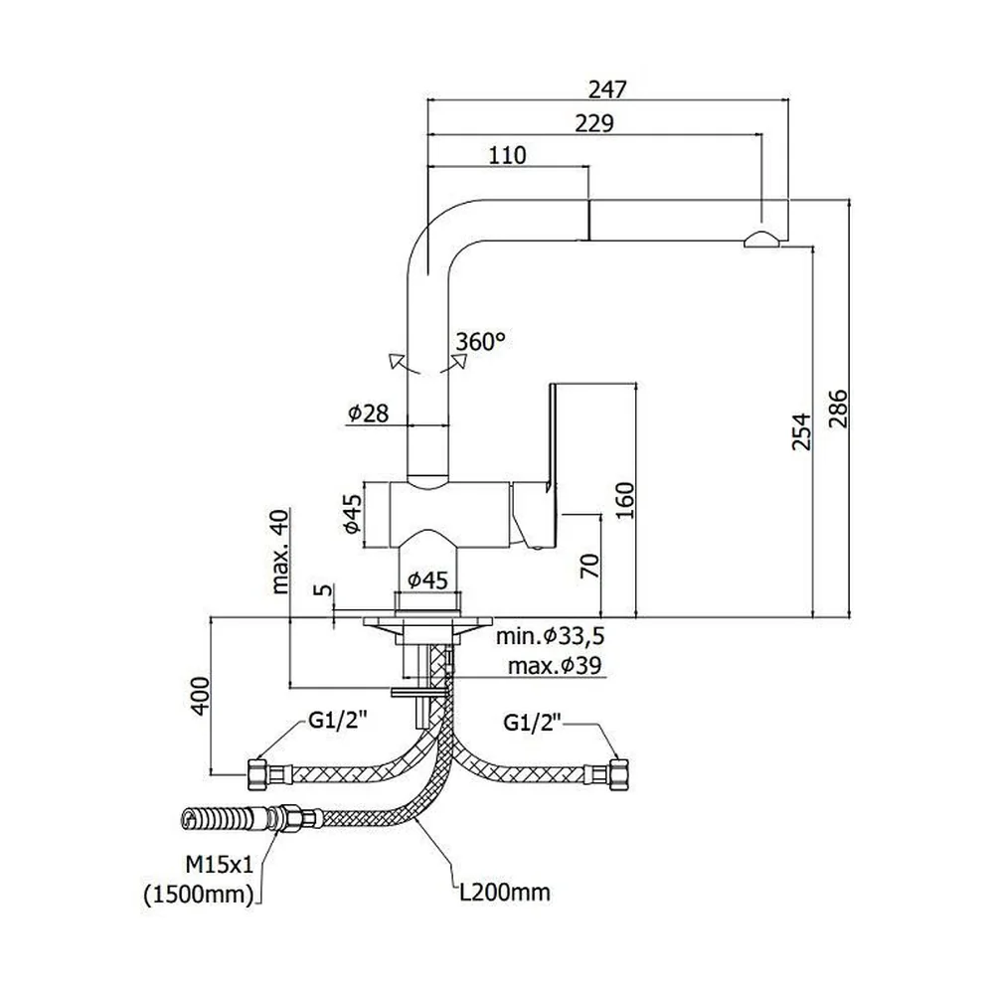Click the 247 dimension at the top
606,90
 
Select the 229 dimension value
594,123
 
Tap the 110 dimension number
507,155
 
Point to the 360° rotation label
480,341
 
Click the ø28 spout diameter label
368,414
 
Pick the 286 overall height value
838,409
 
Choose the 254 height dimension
801,431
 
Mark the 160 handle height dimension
624,500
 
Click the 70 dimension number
589,566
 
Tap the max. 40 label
279,551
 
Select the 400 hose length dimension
200,696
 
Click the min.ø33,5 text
551,635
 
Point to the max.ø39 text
555,666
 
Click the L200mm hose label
505,893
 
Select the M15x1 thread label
219,863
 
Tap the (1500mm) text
199,895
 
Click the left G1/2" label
338,720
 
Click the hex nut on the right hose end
617,774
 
